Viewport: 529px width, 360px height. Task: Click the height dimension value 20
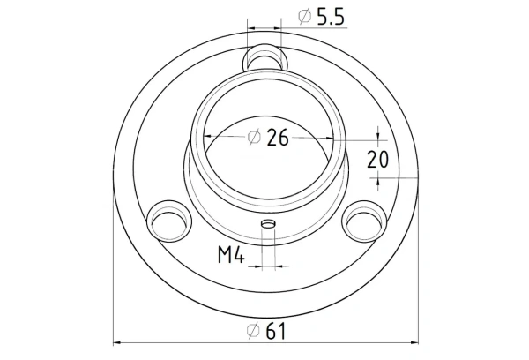click(x=378, y=159)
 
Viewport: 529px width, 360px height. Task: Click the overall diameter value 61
click(x=277, y=331)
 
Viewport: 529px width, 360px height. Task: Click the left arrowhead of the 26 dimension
click(x=208, y=137)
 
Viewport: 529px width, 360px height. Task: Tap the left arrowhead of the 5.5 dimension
click(x=254, y=27)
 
